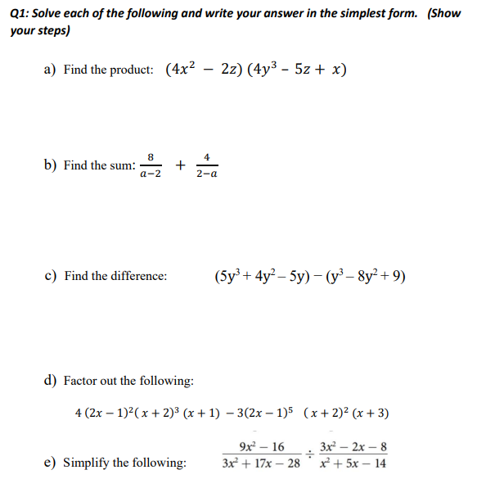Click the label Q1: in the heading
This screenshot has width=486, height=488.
pyautogui.click(x=20, y=14)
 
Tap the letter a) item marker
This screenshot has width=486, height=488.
pyautogui.click(x=50, y=70)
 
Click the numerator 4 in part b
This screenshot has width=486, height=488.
pyautogui.click(x=207, y=156)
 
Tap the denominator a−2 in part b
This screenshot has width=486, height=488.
pyautogui.click(x=151, y=174)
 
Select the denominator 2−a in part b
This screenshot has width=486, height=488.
pyautogui.click(x=207, y=174)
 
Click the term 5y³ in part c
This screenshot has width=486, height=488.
pyautogui.click(x=228, y=275)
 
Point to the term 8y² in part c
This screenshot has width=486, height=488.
pyautogui.click(x=359, y=275)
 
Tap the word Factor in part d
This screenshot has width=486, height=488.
pyautogui.click(x=80, y=381)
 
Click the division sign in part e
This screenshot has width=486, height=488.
pyautogui.click(x=310, y=455)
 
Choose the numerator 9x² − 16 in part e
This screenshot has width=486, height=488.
pyautogui.click(x=262, y=447)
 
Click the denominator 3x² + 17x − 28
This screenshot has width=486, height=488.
pyautogui.click(x=262, y=463)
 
